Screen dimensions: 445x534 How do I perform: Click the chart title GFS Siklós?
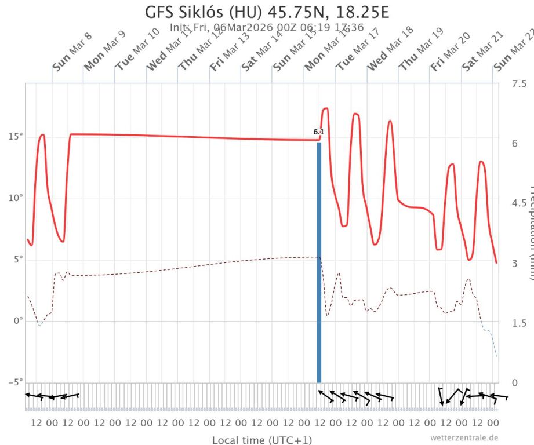click(266, 12)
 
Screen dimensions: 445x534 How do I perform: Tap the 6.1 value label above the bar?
click(318, 132)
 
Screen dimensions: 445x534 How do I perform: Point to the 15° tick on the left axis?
click(14, 137)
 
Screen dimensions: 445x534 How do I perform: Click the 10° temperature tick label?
click(14, 198)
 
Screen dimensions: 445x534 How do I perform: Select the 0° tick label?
click(17, 321)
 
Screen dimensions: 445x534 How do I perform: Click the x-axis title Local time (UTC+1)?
click(262, 440)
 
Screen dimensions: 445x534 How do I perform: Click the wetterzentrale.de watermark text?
click(464, 437)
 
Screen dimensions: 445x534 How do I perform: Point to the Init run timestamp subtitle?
click(267, 27)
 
